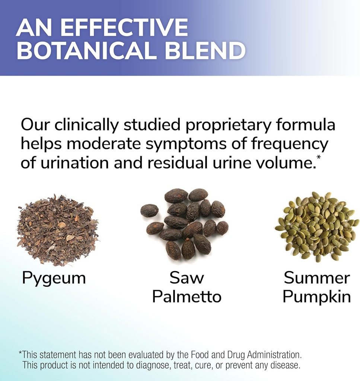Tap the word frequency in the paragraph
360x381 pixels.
point(289,144)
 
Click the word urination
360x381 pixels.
point(74,163)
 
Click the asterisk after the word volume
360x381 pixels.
point(318,157)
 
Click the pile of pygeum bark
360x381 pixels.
point(58,230)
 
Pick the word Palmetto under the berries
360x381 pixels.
point(187,297)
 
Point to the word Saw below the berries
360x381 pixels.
point(187,278)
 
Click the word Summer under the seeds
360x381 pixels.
point(317,278)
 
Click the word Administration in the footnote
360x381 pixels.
point(274,355)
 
